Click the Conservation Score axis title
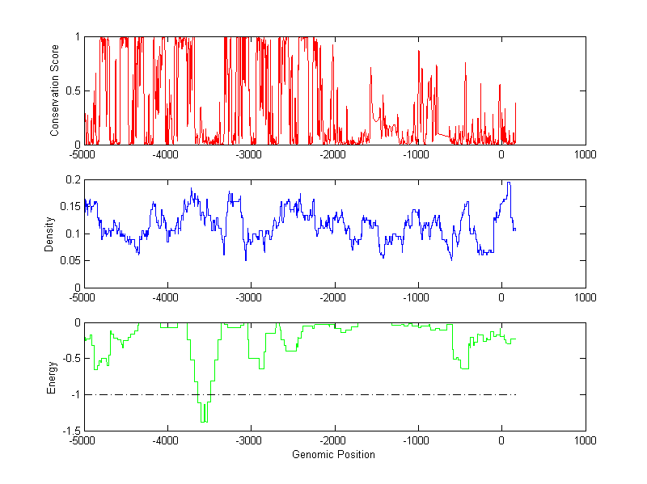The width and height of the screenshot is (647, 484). click(x=55, y=90)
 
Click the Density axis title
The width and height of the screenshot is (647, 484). click(x=49, y=233)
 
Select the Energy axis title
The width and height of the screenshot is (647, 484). click(x=51, y=377)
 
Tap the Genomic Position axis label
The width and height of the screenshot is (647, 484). click(x=333, y=454)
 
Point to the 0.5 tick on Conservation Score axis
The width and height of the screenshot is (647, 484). click(x=72, y=90)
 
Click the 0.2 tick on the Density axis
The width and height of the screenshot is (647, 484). click(x=72, y=179)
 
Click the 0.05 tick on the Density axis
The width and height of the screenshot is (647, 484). click(x=70, y=260)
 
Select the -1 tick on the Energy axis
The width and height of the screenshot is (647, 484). click(x=75, y=395)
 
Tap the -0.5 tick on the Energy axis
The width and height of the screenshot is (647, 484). click(x=70, y=359)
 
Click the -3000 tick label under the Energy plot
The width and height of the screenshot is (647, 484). click(x=248, y=441)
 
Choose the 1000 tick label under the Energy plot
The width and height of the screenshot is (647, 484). click(x=585, y=441)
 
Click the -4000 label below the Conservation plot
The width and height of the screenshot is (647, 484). click(x=165, y=154)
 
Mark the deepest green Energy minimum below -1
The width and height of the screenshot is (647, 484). click(x=204, y=421)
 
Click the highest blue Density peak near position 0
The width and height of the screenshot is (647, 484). click(x=509, y=183)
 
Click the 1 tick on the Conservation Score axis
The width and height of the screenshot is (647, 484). click(x=77, y=36)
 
